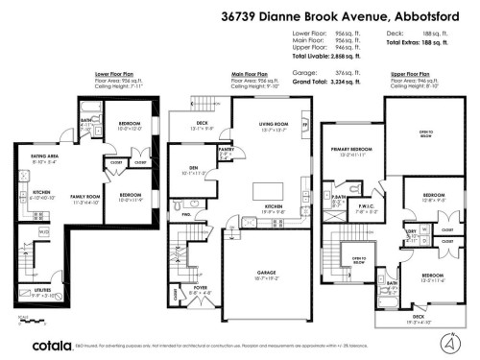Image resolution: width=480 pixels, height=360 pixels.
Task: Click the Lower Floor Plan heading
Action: pyautogui.click(x=112, y=72)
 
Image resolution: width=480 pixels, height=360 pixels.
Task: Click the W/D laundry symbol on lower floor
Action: pyautogui.click(x=44, y=232)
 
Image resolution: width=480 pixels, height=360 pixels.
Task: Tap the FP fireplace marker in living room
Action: pyautogui.click(x=304, y=124)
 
